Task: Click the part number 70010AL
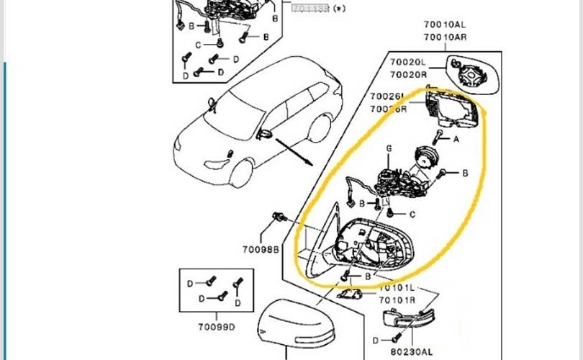click(443, 25)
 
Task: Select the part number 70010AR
click(443, 37)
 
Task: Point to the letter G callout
click(389, 149)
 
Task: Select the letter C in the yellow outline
click(412, 214)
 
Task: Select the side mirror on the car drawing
click(264, 134)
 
